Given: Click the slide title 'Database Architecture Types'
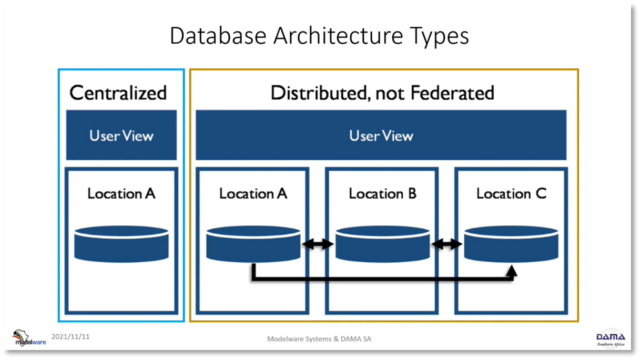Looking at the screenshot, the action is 319,36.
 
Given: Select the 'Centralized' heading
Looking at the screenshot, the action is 118,92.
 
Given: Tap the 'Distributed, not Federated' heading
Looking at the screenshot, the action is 382,92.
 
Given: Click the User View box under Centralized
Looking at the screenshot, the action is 121,135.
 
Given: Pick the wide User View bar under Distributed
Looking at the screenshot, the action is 381,135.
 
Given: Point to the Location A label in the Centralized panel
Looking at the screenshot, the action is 121,193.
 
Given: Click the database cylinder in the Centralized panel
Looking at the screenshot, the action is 121,244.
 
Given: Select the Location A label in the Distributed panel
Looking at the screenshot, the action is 253,193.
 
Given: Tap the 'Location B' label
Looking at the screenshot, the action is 382,193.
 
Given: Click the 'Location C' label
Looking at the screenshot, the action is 511,193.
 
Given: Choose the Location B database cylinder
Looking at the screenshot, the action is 383,244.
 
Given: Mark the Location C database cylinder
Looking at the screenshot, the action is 511,244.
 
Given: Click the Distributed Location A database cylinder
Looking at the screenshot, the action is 253,244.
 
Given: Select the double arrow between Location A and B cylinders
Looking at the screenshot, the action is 318,244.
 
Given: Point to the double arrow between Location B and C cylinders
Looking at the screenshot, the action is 446,244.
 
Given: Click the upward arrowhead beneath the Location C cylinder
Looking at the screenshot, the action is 511,271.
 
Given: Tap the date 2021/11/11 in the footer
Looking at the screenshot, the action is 70,336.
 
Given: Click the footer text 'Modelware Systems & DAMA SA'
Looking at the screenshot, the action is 319,339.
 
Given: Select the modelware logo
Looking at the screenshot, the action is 29,338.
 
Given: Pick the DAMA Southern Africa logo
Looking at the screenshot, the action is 611,338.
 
